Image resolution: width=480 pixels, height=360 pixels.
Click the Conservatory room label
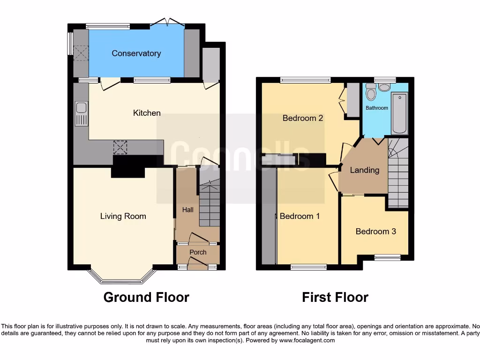pos(136,53)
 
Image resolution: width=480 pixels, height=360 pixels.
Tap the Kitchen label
pos(147,113)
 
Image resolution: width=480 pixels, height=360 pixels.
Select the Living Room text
pos(123,216)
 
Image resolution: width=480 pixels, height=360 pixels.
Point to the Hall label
pos(187,210)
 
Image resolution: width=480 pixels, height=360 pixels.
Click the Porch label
pos(198,252)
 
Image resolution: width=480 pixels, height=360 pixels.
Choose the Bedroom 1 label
pos(300,216)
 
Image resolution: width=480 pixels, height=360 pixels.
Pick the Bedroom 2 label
pos(302,118)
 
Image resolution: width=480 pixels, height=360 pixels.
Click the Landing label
pos(364,170)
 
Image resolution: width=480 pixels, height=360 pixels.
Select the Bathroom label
pos(377,108)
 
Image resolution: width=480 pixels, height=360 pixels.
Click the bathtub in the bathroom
pos(399,113)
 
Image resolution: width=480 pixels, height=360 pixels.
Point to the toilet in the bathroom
pos(371,93)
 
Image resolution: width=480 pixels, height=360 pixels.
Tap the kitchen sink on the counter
pos(81,114)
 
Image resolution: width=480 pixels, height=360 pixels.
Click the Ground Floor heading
pos(146,297)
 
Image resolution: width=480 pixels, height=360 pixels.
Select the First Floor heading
pos(335,297)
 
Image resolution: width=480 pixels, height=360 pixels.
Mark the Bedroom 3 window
pos(387,257)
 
